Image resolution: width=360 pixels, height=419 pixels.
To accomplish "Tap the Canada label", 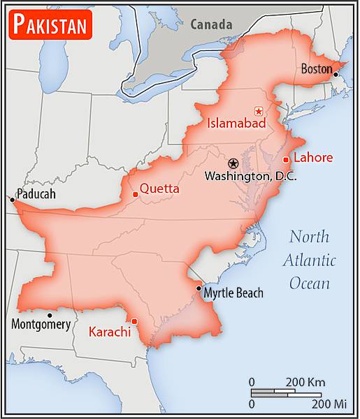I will [x=211, y=24].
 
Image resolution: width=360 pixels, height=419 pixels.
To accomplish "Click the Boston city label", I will [x=316, y=68].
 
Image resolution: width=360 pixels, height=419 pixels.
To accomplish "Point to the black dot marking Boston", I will [x=336, y=74].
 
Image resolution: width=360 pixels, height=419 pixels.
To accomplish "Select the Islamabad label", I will [x=237, y=124].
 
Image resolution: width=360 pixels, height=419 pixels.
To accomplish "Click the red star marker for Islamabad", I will [x=259, y=111].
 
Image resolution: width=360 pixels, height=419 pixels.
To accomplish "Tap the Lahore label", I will [x=312, y=157].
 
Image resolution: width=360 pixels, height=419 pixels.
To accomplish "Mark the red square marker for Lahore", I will [x=285, y=160].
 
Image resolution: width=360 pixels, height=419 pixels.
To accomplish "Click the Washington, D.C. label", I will [x=250, y=177].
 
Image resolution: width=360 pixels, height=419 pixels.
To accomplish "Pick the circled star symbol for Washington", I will [x=233, y=163].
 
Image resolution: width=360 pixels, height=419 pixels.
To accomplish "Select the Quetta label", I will [x=159, y=189].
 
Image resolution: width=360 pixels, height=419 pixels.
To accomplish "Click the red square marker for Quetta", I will [x=134, y=194].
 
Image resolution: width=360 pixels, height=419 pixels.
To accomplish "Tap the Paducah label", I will [x=36, y=194].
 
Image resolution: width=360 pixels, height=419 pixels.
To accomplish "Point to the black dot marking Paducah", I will [x=12, y=200].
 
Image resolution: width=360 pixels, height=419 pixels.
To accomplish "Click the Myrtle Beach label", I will [x=233, y=293].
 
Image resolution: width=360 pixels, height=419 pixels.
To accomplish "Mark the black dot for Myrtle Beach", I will [x=199, y=288].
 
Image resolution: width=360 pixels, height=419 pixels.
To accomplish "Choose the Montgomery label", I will [x=41, y=324].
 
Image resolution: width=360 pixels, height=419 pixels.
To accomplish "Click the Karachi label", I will [x=110, y=332].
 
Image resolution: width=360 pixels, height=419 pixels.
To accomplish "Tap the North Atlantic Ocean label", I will [x=309, y=260].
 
